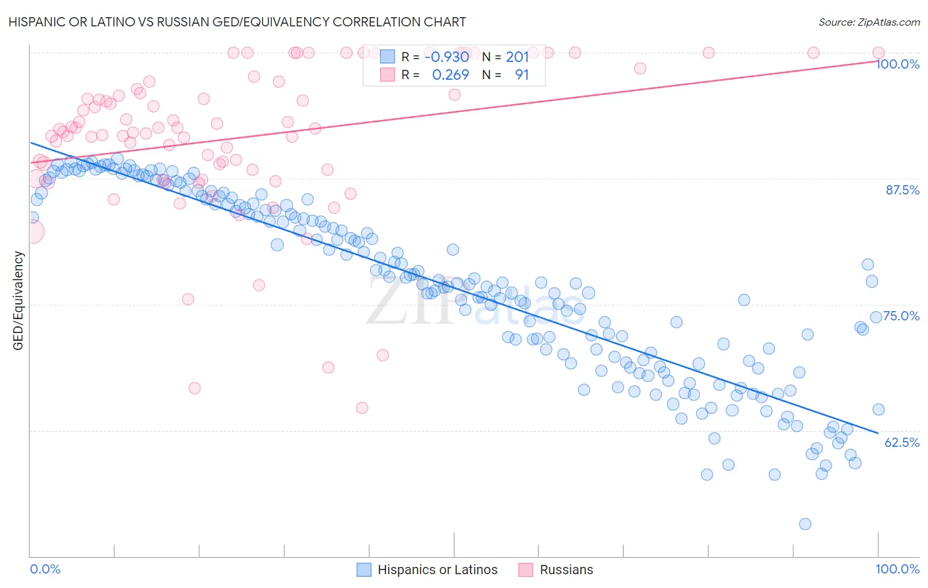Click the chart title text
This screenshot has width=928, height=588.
pyautogui.click(x=238, y=22)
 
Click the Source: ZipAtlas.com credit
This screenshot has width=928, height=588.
pyautogui.click(x=869, y=22)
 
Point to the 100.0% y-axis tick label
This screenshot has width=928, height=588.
pyautogui.click(x=898, y=64)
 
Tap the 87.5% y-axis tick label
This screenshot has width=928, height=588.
pyautogui.click(x=902, y=190)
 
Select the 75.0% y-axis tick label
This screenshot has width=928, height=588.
pyautogui.click(x=902, y=316)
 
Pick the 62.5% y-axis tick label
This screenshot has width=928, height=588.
pyautogui.click(x=902, y=442)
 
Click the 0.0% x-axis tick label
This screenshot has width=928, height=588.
pyautogui.click(x=46, y=569)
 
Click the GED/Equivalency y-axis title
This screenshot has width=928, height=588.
pyautogui.click(x=18, y=301)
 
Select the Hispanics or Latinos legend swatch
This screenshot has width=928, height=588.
pyautogui.click(x=364, y=570)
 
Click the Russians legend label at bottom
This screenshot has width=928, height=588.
pyautogui.click(x=566, y=570)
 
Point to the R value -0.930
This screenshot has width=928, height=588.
pyautogui.click(x=446, y=57)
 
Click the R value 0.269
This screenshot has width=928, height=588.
pyautogui.click(x=450, y=74)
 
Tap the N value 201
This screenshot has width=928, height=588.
pyautogui.click(x=517, y=57)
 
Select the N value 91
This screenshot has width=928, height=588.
pyautogui.click(x=521, y=74)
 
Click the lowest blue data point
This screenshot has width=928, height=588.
pyautogui.click(x=805, y=524)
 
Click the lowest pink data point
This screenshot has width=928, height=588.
pyautogui.click(x=362, y=408)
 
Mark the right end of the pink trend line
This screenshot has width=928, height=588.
pyautogui.click(x=878, y=61)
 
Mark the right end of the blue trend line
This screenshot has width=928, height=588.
pyautogui.click(x=878, y=433)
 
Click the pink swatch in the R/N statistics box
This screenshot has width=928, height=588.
pyautogui.click(x=387, y=74)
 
